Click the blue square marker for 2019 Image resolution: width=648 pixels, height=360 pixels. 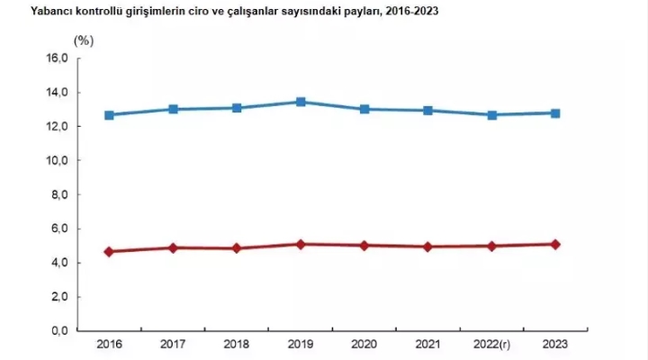[301, 103]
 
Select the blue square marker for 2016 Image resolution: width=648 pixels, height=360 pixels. [109, 115]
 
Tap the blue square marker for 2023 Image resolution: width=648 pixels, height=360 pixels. [555, 113]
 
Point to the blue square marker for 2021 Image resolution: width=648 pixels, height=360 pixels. [427, 111]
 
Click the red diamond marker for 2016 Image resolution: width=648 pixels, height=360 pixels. [109, 252]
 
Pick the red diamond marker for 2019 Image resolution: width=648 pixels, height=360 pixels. [301, 244]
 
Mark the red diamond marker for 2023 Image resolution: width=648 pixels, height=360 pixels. [555, 244]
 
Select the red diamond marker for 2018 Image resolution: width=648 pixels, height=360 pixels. [237, 247]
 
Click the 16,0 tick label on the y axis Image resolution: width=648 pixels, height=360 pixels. [58, 58]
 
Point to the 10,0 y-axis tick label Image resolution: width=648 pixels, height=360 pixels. [58, 160]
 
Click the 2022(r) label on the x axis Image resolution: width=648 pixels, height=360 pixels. [491, 345]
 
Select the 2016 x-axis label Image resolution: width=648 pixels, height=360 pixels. [109, 345]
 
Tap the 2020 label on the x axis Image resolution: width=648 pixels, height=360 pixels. [364, 345]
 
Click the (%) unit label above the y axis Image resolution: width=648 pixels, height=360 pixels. [83, 40]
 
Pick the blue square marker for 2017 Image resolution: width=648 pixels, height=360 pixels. [173, 109]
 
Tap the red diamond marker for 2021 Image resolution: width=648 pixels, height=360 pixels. [427, 246]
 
